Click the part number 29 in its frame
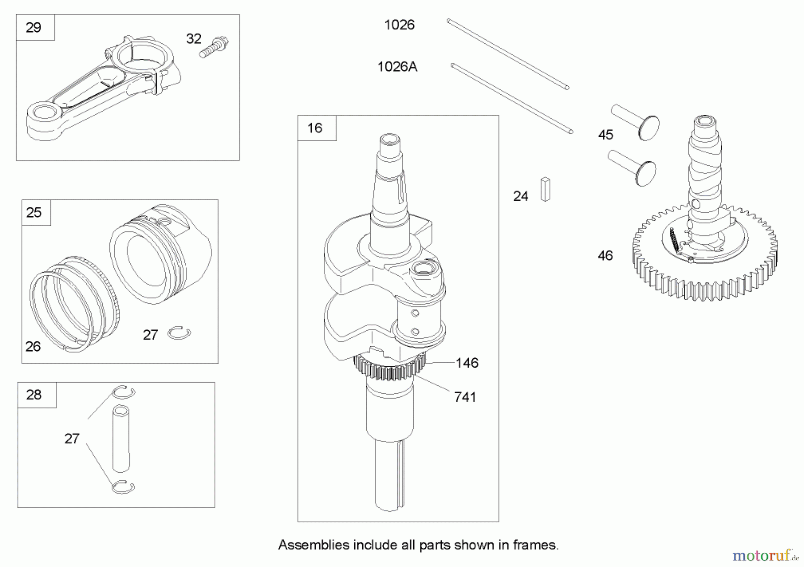pyautogui.click(x=33, y=28)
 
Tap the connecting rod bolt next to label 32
pyautogui.click(x=214, y=47)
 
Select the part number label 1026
pyautogui.click(x=399, y=25)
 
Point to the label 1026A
pyautogui.click(x=397, y=67)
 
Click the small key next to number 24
pyautogui.click(x=545, y=189)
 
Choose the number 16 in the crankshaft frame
pyautogui.click(x=314, y=128)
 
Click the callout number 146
pyautogui.click(x=467, y=363)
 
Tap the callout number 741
pyautogui.click(x=465, y=397)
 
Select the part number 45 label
pyautogui.click(x=606, y=134)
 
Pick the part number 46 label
pyautogui.click(x=605, y=256)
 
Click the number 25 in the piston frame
pyautogui.click(x=33, y=213)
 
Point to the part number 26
pyautogui.click(x=33, y=346)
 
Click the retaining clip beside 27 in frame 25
pyautogui.click(x=180, y=333)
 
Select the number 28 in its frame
pyautogui.click(x=33, y=395)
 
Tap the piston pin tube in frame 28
pyautogui.click(x=121, y=438)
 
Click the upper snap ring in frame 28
pyautogui.click(x=123, y=392)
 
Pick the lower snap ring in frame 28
pyautogui.click(x=123, y=487)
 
